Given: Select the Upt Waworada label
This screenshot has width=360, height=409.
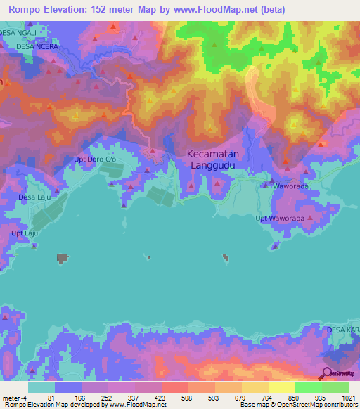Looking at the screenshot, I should [x=281, y=219].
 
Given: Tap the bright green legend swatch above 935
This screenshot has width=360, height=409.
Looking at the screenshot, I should [x=308, y=387].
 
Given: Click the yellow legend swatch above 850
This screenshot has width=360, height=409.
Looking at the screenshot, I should [x=281, y=387].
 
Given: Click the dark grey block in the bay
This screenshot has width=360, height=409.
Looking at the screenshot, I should [x=63, y=259].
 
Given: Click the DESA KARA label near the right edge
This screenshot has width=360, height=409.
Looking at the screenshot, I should [x=342, y=329].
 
